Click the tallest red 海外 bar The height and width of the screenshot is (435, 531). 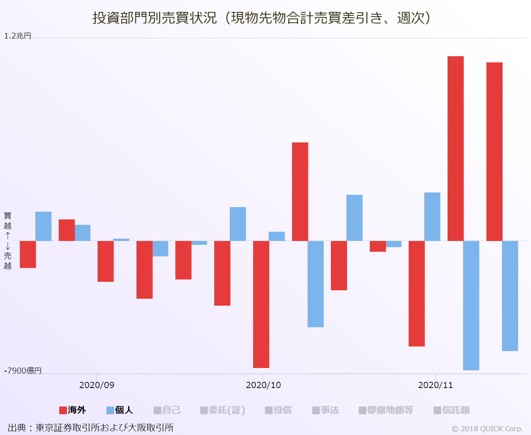click(x=455, y=148)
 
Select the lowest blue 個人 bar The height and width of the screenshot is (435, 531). click(x=471, y=305)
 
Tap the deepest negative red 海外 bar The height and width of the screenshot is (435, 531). click(x=261, y=304)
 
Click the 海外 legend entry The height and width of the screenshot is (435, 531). click(x=73, y=410)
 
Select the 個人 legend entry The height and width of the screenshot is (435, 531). click(x=120, y=410)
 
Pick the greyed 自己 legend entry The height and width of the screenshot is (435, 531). click(x=167, y=410)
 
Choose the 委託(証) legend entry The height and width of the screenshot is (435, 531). click(x=223, y=410)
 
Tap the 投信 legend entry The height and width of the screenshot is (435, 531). click(x=278, y=410)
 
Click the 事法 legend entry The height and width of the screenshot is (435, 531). click(x=326, y=410)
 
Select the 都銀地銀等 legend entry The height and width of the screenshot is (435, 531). click(x=386, y=410)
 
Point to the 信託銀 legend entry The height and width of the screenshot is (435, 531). click(x=452, y=410)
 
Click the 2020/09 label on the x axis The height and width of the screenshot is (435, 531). click(x=97, y=385)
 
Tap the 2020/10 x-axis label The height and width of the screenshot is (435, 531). click(x=263, y=385)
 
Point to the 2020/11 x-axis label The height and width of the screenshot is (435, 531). click(x=435, y=385)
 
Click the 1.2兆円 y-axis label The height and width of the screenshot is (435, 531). click(x=18, y=36)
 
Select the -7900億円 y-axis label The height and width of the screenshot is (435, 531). click(x=23, y=371)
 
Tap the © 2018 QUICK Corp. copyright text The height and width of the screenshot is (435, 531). click(x=487, y=429)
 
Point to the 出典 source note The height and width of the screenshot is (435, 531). click(x=91, y=428)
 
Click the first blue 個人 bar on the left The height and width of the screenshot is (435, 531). click(x=43, y=226)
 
